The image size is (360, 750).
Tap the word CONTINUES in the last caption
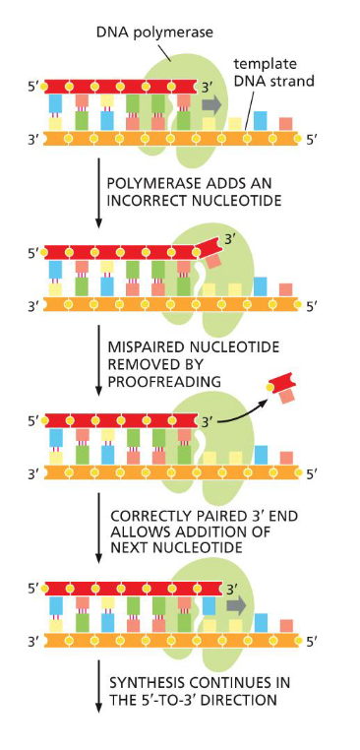click(x=232, y=682)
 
